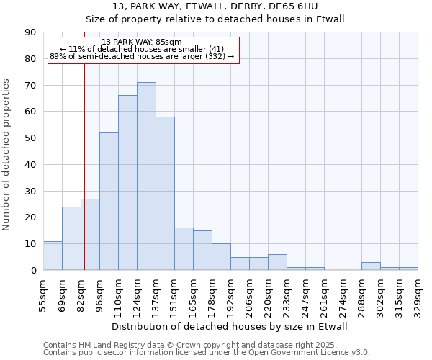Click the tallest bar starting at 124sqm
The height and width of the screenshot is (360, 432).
pyautogui.click(x=146, y=176)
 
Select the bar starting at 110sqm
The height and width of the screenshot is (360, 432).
pyautogui.click(x=127, y=183)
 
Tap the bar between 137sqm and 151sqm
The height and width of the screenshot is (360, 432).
pyautogui.click(x=165, y=194)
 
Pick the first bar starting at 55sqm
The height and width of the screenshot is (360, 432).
pyautogui.click(x=53, y=256)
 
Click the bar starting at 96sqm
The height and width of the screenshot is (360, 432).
pyautogui.click(x=109, y=202)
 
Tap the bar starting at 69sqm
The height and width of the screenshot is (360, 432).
pyautogui.click(x=71, y=238)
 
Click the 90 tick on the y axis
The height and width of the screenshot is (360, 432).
pyautogui.click(x=30, y=32)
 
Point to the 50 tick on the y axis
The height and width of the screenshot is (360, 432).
pyautogui.click(x=30, y=138)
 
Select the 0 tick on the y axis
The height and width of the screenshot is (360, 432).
pyautogui.click(x=33, y=271)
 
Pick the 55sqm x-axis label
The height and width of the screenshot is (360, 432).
pyautogui.click(x=43, y=295)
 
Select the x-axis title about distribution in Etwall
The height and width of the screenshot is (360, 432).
pyautogui.click(x=230, y=326)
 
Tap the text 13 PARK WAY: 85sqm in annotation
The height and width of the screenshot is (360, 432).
pyautogui.click(x=142, y=42)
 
